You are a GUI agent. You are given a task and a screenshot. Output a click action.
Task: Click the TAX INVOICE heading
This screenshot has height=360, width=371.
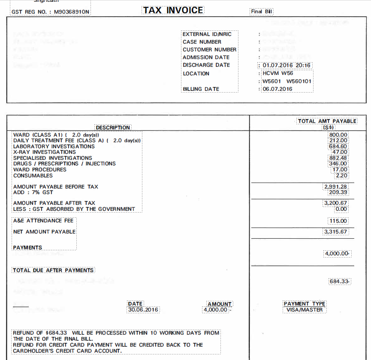click(x=173, y=10)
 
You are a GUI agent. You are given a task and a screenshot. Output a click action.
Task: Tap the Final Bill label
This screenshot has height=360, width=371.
click(x=262, y=12)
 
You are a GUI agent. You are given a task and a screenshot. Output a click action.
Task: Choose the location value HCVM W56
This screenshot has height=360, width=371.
click(x=277, y=73)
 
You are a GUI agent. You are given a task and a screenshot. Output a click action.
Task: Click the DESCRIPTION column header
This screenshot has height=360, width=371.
click(x=113, y=127)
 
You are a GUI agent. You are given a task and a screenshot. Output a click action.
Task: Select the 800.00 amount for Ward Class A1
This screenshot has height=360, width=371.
click(x=338, y=135)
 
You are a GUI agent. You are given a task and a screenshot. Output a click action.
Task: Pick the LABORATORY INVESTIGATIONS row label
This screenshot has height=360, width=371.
click(x=54, y=146)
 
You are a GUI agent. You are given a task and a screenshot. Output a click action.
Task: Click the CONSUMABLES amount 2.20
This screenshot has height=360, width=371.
click(x=341, y=175)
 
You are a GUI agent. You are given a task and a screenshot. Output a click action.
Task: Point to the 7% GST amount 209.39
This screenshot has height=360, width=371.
click(x=337, y=192)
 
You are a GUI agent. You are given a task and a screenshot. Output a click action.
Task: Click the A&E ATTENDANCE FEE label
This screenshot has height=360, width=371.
click(x=43, y=221)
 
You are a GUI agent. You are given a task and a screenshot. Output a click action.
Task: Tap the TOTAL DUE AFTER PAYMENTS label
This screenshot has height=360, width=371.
click(x=53, y=270)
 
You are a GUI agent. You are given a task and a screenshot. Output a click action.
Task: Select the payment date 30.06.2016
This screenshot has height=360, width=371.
click(x=143, y=309)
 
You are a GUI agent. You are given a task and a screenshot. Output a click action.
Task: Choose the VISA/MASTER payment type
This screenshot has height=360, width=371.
click(x=305, y=309)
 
